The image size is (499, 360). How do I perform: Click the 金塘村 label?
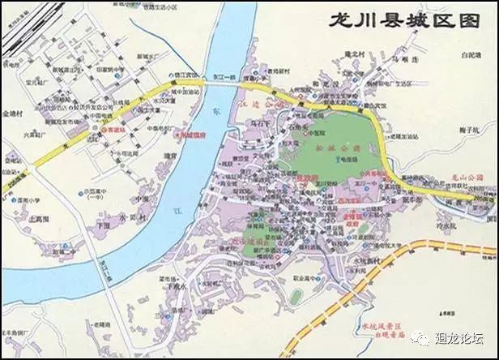(x=15, y=114)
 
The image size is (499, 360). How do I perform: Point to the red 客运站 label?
(x=116, y=129)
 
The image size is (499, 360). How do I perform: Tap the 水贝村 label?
(x=132, y=218)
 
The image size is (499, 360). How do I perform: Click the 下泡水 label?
(x=177, y=286)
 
